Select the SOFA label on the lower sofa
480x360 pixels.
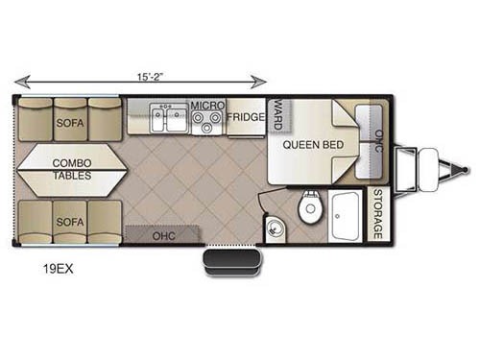(70, 222)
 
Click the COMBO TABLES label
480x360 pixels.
(73, 170)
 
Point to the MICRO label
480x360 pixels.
(206, 106)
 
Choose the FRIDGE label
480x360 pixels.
(245, 120)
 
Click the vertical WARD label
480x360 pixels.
(277, 113)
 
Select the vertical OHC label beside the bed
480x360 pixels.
(378, 141)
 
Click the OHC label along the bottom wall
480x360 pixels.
(164, 234)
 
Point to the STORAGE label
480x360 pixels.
(378, 216)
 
